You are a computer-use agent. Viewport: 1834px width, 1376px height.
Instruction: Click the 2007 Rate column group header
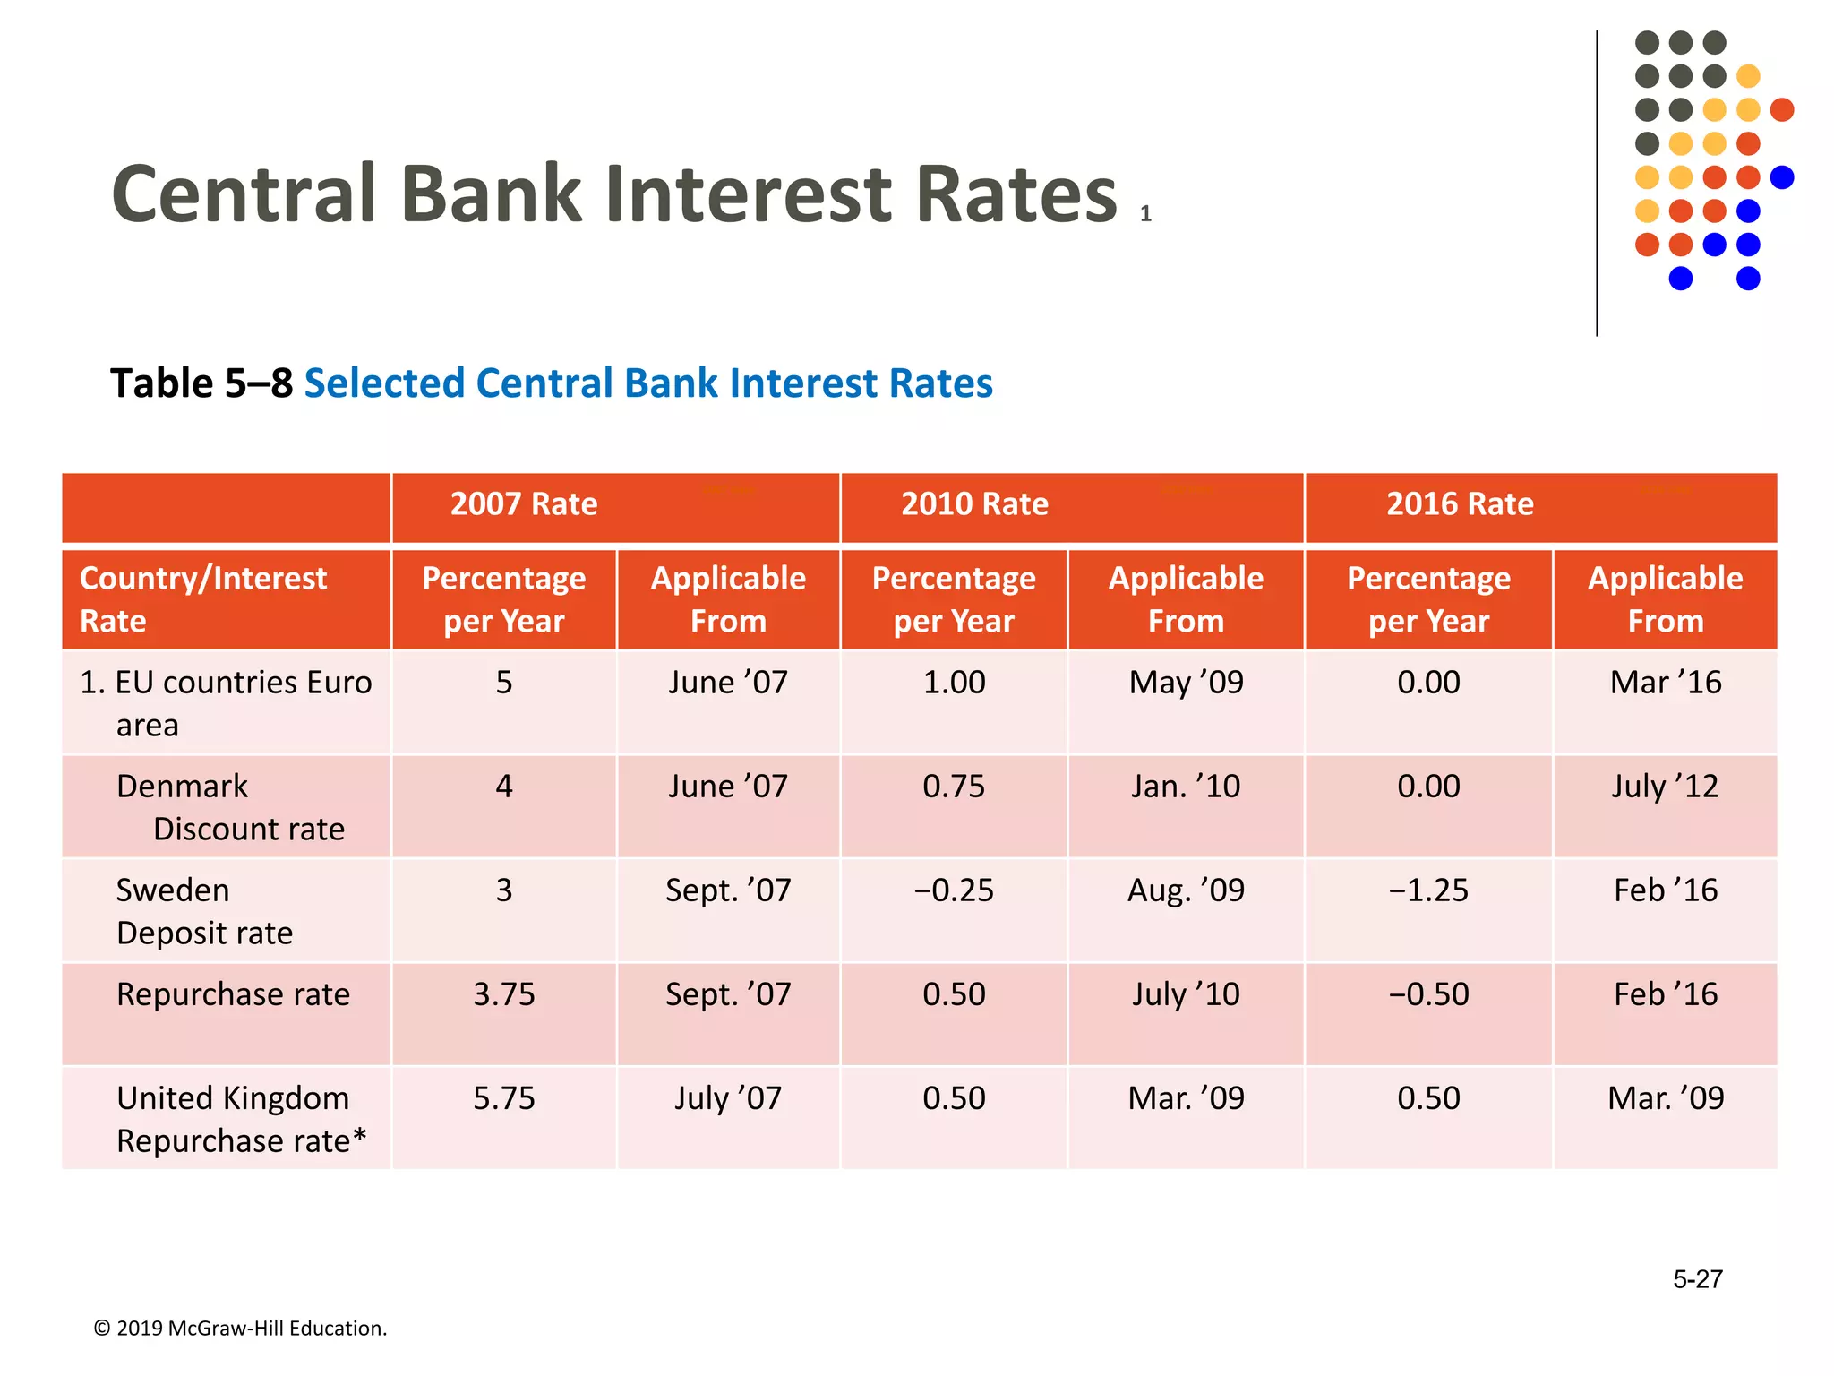[x=524, y=504]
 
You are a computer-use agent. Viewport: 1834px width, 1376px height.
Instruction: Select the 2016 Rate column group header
[x=1460, y=504]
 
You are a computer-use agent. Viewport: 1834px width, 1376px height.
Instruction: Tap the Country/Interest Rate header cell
[x=203, y=599]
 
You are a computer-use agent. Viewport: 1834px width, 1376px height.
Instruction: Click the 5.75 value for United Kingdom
[x=504, y=1098]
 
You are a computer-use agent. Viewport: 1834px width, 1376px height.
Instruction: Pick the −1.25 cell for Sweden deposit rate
[x=1428, y=890]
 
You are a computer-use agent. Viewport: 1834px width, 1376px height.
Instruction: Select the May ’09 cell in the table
[x=1186, y=683]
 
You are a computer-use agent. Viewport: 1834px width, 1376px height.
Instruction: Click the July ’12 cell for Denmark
[x=1665, y=787]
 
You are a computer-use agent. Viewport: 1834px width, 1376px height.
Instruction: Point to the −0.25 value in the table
[x=954, y=890]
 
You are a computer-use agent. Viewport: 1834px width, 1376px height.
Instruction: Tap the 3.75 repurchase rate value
[x=504, y=994]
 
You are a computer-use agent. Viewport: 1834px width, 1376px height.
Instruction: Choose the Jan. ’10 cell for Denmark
[x=1186, y=787]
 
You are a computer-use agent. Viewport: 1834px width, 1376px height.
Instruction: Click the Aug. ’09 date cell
[x=1186, y=890]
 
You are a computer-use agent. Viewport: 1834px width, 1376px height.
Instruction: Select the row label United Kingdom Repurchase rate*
[x=241, y=1120]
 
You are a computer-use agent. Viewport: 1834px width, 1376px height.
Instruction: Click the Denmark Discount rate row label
[x=230, y=807]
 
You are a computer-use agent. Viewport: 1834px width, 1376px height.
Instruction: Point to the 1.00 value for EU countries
[x=954, y=683]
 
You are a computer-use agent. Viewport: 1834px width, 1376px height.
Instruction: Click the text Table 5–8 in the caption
[x=201, y=383]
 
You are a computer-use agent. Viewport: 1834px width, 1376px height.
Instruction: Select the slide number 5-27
[x=1697, y=1279]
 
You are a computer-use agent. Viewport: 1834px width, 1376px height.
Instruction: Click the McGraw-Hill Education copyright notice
[x=240, y=1329]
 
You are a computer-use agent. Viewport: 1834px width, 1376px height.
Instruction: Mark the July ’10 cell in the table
[x=1186, y=994]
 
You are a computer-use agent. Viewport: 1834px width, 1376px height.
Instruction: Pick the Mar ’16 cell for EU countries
[x=1665, y=683]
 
